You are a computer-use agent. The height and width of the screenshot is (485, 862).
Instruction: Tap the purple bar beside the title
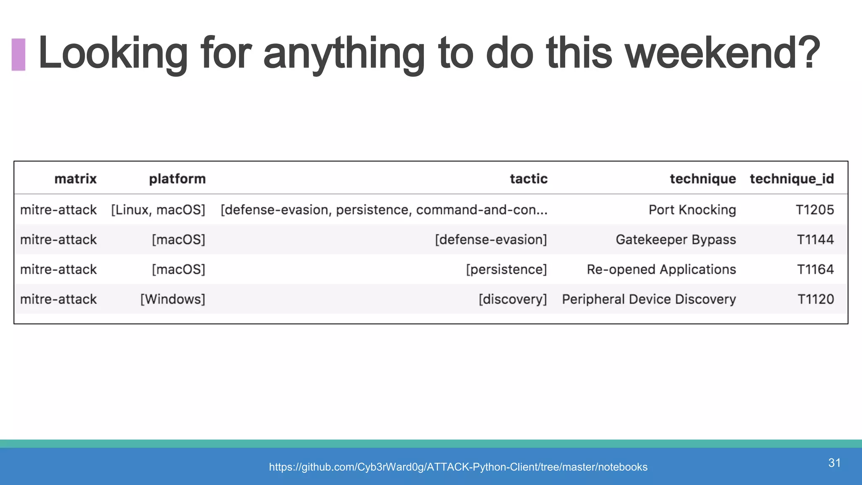tap(19, 54)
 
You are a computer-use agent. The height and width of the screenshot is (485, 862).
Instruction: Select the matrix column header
tap(75, 179)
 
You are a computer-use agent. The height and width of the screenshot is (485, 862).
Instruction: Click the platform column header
tap(177, 179)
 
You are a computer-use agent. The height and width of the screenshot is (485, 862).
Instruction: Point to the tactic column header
tap(528, 179)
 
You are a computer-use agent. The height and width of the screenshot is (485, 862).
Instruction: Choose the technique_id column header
tap(791, 179)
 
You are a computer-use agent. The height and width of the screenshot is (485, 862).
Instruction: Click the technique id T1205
tap(814, 210)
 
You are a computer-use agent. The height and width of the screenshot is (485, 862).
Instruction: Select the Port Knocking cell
tap(692, 210)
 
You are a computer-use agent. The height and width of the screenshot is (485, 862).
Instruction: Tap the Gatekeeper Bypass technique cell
tap(676, 240)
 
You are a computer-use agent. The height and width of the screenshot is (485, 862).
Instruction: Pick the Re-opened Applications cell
tap(661, 269)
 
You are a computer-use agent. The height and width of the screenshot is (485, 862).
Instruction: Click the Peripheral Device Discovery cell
tap(649, 299)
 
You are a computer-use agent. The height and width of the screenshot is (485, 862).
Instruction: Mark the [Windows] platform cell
tap(173, 299)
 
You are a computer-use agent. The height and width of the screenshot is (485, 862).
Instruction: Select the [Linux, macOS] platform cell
tap(158, 210)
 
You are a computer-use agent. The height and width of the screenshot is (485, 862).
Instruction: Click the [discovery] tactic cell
tap(512, 299)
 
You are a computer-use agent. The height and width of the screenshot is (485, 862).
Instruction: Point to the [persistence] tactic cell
tap(506, 269)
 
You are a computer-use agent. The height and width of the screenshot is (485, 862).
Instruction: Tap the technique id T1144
tap(815, 240)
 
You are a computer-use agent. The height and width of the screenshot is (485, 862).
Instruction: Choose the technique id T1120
tap(815, 299)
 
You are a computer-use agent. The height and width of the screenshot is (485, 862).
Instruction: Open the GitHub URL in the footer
tap(458, 467)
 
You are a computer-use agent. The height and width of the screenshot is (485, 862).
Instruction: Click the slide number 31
tap(834, 463)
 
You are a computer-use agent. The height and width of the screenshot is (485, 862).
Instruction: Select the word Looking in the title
tap(113, 53)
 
